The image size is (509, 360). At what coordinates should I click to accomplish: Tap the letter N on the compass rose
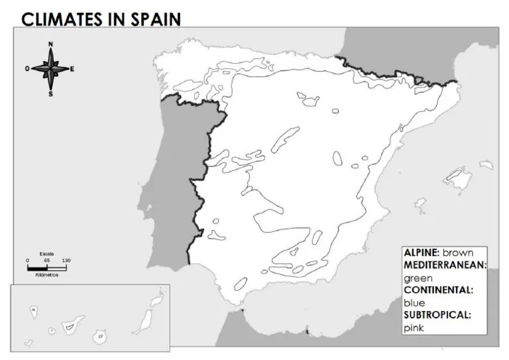tap(50, 44)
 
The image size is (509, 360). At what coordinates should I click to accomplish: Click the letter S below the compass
tap(50, 94)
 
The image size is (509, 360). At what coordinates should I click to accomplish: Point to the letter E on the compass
tap(72, 69)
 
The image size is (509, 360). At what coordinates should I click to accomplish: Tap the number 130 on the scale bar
tap(66, 260)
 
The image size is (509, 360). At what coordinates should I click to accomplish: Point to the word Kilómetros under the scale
tap(46, 274)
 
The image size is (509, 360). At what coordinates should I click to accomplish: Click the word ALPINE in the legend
tap(422, 253)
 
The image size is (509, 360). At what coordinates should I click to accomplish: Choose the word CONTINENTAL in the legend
tap(437, 290)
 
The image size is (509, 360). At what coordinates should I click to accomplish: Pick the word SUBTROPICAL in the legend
tap(437, 315)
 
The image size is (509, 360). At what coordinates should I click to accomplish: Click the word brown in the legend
tap(458, 253)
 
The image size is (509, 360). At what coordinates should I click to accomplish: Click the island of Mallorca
tap(457, 175)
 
